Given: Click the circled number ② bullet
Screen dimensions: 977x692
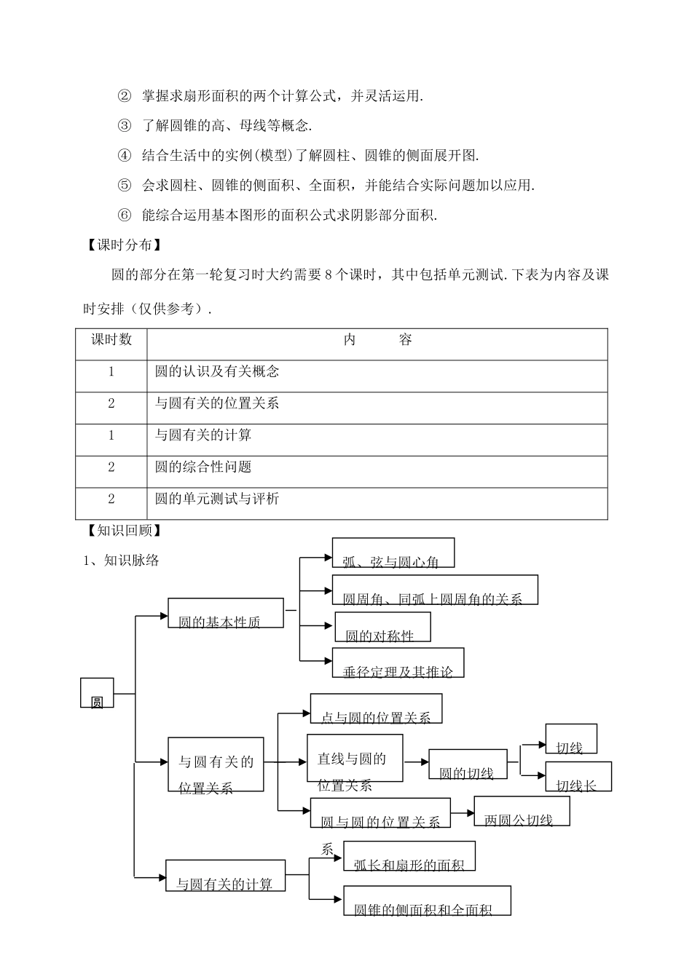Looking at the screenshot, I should (125, 95).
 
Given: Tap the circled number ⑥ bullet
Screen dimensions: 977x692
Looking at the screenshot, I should (125, 215).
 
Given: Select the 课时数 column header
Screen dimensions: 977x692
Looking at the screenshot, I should (111, 340).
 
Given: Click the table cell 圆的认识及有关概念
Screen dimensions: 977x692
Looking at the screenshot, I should (217, 371).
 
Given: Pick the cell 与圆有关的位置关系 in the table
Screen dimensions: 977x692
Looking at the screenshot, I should (217, 403).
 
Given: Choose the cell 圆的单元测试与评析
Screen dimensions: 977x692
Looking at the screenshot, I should (217, 499).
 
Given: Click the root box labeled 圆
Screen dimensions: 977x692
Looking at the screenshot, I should (97, 694).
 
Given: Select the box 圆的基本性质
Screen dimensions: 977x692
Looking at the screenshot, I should (226, 614).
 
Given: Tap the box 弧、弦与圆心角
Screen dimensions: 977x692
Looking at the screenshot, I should (393, 553).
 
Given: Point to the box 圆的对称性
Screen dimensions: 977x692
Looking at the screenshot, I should (382, 628).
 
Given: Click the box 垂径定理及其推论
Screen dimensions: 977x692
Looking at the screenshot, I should (398, 663).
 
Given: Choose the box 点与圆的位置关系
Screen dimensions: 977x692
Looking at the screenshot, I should (376, 708).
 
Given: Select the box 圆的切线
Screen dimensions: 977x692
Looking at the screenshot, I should (468, 764).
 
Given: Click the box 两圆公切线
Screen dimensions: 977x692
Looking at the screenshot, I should (522, 811).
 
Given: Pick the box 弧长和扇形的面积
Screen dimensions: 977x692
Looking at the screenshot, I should (409, 857).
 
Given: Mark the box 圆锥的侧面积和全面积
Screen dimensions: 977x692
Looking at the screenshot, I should (426, 901).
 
